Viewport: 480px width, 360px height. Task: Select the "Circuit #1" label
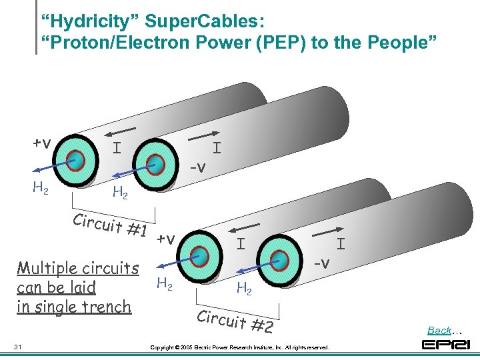click(x=112, y=224)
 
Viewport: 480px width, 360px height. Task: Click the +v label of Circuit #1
click(x=43, y=143)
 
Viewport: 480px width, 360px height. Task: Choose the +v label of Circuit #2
click(x=166, y=239)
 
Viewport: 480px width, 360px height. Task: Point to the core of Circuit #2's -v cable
click(x=281, y=258)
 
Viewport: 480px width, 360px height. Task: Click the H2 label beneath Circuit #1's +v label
click(x=40, y=188)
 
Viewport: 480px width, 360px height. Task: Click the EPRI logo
click(x=446, y=345)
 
